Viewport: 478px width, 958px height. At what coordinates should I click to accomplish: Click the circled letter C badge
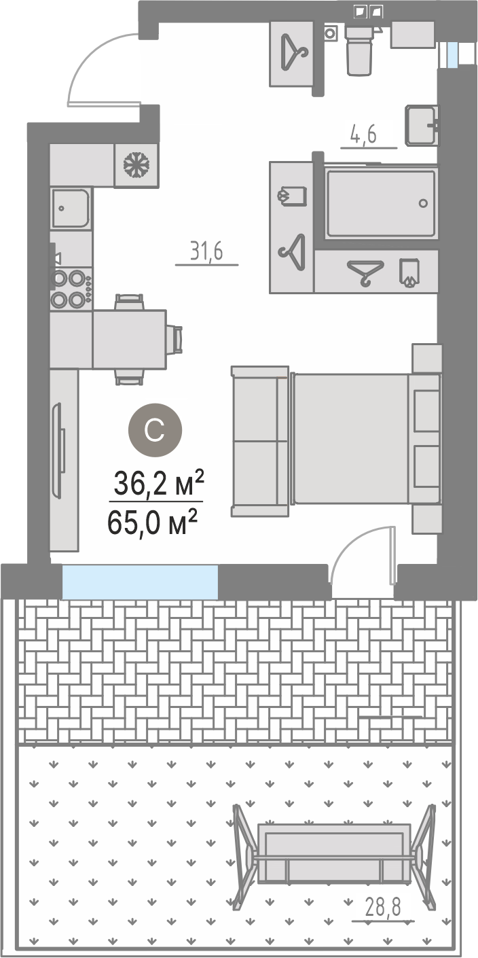pyautogui.click(x=155, y=430)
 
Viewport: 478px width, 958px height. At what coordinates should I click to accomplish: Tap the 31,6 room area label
pyautogui.click(x=207, y=252)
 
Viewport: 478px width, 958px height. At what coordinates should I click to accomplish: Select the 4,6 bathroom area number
pyautogui.click(x=363, y=135)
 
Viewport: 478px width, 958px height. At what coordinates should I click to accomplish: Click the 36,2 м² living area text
pyautogui.click(x=158, y=483)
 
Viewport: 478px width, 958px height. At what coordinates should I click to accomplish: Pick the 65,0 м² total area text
pyautogui.click(x=152, y=522)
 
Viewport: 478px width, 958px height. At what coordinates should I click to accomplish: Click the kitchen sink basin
pyautogui.click(x=71, y=209)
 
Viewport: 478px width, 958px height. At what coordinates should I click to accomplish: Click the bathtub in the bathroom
pyautogui.click(x=380, y=203)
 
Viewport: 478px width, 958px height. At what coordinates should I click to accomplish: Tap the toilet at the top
pyautogui.click(x=358, y=49)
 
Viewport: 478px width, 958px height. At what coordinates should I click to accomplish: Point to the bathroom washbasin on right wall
pyautogui.click(x=422, y=124)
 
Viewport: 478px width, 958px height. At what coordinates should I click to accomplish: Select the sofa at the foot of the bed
pyautogui.click(x=260, y=441)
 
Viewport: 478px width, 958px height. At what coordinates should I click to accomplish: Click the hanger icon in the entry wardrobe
pyautogui.click(x=294, y=52)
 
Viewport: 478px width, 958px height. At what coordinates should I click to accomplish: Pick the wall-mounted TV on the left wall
pyautogui.click(x=58, y=450)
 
